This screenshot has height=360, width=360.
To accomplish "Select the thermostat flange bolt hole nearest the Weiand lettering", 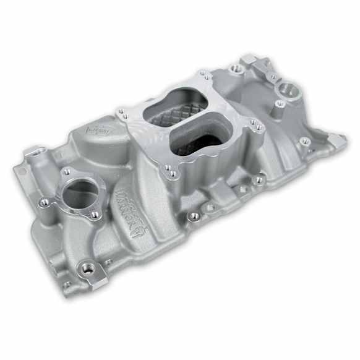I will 94,215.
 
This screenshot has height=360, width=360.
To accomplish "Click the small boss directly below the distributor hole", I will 280,105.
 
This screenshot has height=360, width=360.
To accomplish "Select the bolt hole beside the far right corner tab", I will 305,141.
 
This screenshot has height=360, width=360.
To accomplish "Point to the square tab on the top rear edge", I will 247,59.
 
